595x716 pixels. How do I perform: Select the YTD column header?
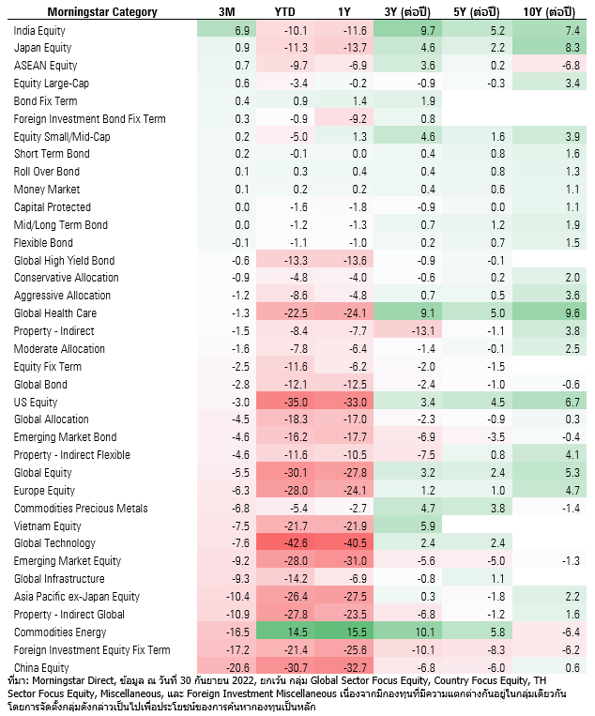[x=284, y=12]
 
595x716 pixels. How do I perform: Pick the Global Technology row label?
[x=54, y=543]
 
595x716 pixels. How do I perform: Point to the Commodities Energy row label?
[x=59, y=632]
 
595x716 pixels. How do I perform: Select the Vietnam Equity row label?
[x=48, y=526]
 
